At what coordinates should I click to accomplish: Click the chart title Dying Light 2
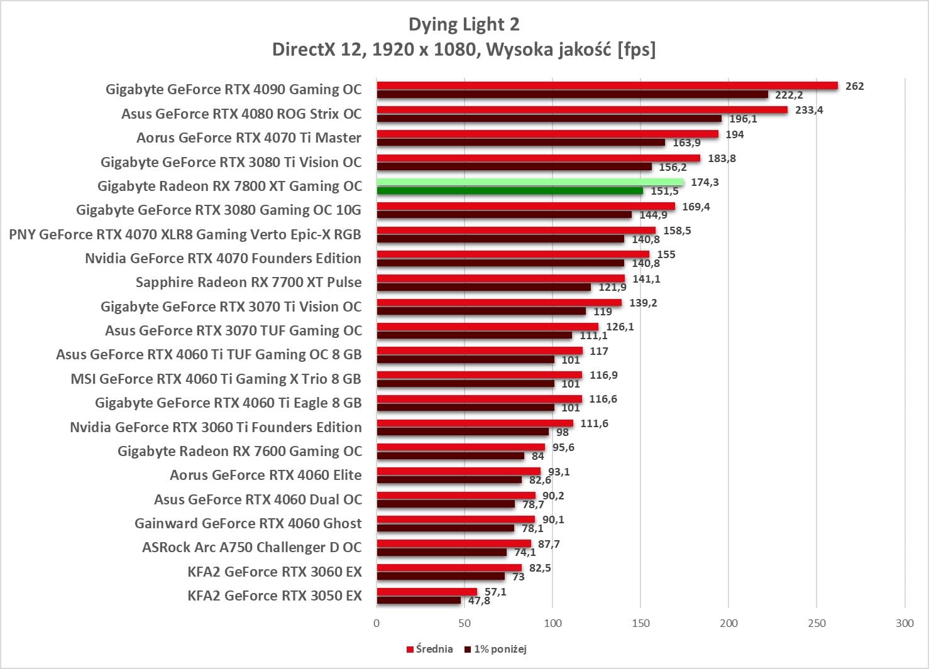tap(464, 24)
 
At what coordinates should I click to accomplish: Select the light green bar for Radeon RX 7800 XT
tap(529, 182)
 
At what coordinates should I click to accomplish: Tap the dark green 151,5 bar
tap(509, 191)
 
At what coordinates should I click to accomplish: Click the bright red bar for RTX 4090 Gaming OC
tap(607, 85)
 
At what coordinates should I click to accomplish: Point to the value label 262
tap(854, 86)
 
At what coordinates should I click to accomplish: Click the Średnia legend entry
tap(430, 649)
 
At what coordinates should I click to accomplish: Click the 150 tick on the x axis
tap(640, 623)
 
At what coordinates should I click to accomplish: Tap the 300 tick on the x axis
tap(904, 623)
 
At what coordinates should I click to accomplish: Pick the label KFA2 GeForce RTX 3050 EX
tap(275, 596)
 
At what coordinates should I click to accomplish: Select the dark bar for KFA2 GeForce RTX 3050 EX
tap(419, 601)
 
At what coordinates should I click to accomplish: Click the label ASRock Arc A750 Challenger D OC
tap(252, 547)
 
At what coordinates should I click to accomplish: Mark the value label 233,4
tap(809, 110)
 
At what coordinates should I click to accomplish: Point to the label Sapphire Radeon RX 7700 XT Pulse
tap(248, 282)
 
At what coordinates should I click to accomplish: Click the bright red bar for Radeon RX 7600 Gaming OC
tap(461, 447)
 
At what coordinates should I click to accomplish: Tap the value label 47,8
tap(479, 601)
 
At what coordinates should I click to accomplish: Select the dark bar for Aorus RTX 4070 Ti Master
tap(520, 143)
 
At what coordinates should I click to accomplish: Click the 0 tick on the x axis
tap(377, 623)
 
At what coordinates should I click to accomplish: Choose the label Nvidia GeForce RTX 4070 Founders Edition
tap(223, 258)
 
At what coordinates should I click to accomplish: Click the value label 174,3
tap(705, 182)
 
